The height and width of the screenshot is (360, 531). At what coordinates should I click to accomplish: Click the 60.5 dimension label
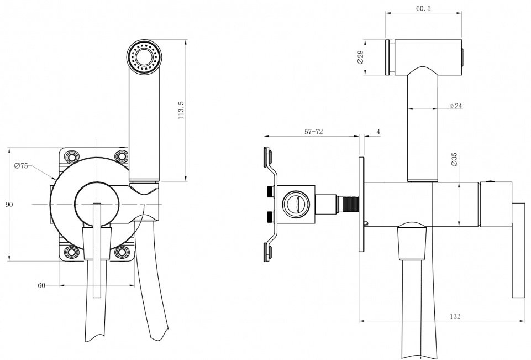click(x=423, y=8)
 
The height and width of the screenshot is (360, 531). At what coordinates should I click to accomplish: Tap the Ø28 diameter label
click(x=360, y=57)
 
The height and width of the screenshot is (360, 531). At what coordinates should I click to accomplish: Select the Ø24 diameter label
click(x=456, y=106)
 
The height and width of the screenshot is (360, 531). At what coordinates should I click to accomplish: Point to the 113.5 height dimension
click(x=181, y=110)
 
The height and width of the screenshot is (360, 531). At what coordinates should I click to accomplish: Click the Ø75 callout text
click(x=21, y=166)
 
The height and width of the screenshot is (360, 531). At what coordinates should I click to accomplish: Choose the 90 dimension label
click(x=9, y=205)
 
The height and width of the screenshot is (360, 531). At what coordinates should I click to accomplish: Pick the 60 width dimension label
click(x=41, y=285)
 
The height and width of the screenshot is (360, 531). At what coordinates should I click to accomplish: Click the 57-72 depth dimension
click(x=314, y=132)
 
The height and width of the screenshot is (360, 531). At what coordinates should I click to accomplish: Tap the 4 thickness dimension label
click(x=378, y=132)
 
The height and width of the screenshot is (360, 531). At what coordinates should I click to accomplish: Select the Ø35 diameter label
click(x=454, y=159)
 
